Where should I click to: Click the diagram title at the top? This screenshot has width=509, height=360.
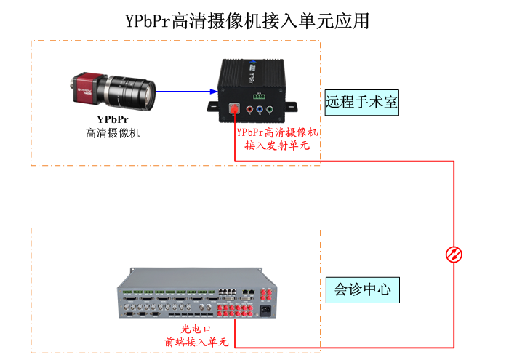(247, 20)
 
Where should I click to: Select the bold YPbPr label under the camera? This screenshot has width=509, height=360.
(112, 119)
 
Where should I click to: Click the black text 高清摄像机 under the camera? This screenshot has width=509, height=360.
(112, 133)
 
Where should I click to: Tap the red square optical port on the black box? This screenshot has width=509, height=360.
(235, 110)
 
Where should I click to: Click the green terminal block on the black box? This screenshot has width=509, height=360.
(259, 95)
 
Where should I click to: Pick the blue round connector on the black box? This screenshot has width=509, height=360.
(260, 111)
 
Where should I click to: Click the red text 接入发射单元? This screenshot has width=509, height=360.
(277, 145)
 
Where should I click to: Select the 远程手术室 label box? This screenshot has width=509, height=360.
(361, 103)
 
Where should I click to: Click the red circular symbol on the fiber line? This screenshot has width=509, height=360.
(454, 254)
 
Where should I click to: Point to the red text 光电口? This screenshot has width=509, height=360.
(196, 329)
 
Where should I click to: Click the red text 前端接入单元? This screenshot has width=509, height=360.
(196, 341)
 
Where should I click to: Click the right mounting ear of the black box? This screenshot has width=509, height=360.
(291, 106)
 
